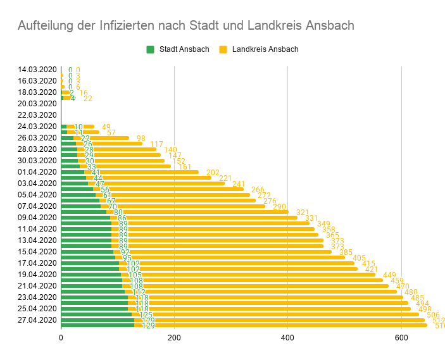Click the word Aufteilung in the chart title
(46, 25)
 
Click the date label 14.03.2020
(37, 70)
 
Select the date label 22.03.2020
(37, 115)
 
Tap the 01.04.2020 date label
(37, 172)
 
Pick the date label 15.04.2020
(37, 252)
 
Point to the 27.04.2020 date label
(37, 320)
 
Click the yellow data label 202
(213, 173)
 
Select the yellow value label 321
(303, 213)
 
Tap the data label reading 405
(359, 258)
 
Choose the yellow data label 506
(433, 315)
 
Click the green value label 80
(118, 213)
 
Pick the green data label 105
(135, 275)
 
